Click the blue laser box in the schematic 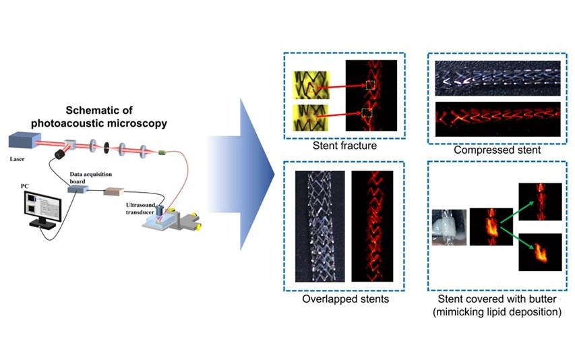[x=24, y=141]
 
